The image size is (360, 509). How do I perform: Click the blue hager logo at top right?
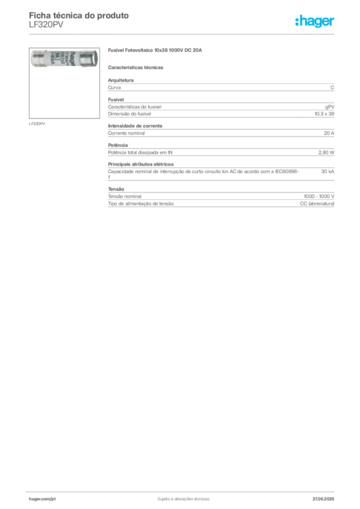(x=315, y=21)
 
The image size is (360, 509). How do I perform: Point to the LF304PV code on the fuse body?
(x=61, y=59)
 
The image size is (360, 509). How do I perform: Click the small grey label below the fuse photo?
(x=38, y=123)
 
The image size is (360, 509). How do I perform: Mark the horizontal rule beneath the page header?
(x=183, y=33)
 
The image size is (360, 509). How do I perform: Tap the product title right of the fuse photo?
(x=155, y=51)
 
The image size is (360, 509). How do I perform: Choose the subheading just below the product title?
(x=137, y=67)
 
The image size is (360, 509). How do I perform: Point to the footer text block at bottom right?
(x=326, y=497)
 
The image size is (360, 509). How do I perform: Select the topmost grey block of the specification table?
(x=221, y=86)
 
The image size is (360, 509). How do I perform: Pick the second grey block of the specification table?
(x=221, y=106)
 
